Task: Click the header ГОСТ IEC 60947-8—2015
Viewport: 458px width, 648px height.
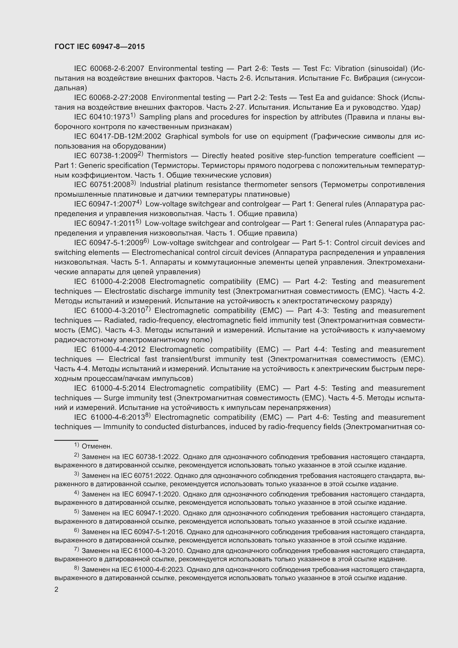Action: pos(100,47)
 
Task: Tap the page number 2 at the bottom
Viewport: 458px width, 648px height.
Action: pos(56,590)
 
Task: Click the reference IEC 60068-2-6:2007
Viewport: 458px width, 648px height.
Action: pos(109,69)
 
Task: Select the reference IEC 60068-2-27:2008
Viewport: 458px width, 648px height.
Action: pos(110,98)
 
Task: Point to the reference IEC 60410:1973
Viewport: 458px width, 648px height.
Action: pos(102,117)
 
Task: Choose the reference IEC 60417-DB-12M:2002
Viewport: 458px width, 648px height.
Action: pos(118,137)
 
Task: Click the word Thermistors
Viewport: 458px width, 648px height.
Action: pos(167,156)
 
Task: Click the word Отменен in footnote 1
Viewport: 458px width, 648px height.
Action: pos(97,447)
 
